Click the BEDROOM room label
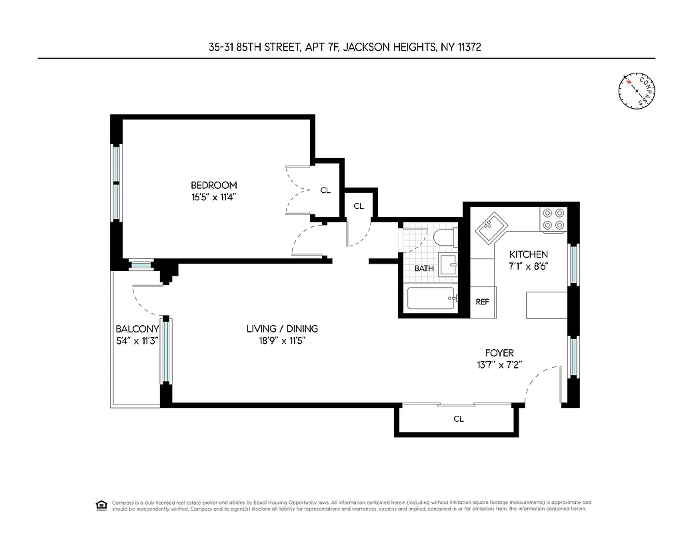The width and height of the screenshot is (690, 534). [x=213, y=185]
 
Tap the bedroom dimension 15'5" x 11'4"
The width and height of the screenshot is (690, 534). [x=213, y=197]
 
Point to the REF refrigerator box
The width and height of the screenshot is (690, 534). [x=482, y=302]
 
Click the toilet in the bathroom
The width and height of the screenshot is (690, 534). [x=443, y=237]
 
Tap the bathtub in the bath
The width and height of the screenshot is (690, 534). [x=432, y=298]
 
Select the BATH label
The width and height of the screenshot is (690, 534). [x=424, y=268]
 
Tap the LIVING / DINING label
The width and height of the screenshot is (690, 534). [x=282, y=328]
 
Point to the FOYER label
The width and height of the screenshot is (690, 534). [x=499, y=352]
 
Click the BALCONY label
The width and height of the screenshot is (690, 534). [x=137, y=328]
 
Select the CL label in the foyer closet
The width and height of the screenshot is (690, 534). [x=459, y=419]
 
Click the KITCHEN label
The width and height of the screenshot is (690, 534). [x=529, y=254]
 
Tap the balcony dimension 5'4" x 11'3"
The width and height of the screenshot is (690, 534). [x=137, y=340]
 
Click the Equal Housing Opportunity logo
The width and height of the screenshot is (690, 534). [x=101, y=505]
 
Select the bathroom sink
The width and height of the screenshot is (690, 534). [x=448, y=265]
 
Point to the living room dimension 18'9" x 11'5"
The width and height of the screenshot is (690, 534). [x=282, y=340]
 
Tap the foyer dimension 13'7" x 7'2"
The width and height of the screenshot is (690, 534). [x=499, y=364]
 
